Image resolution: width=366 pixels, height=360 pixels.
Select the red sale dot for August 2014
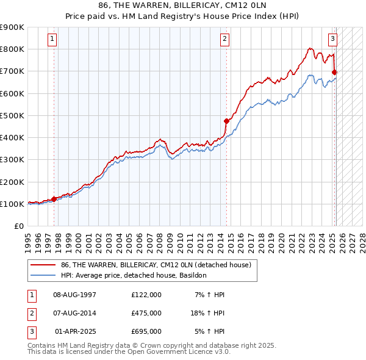pyautogui.click(x=226, y=121)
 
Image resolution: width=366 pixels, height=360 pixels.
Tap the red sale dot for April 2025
pyautogui.click(x=334, y=73)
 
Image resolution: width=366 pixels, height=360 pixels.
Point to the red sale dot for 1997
pyautogui.click(x=54, y=198)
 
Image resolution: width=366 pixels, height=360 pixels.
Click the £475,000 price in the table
pyautogui.click(x=146, y=313)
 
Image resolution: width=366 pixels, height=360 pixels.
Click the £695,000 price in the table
pyautogui.click(x=146, y=331)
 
